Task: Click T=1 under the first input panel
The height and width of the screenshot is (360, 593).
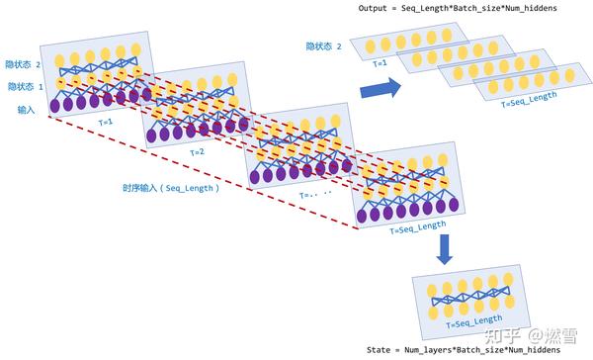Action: click(x=105, y=122)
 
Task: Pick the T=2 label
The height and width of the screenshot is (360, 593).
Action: click(x=197, y=151)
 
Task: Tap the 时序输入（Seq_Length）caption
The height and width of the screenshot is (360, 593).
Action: click(x=170, y=188)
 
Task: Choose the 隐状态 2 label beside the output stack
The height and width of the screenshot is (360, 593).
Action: click(x=324, y=46)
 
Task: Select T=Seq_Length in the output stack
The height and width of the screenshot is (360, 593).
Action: click(x=529, y=97)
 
